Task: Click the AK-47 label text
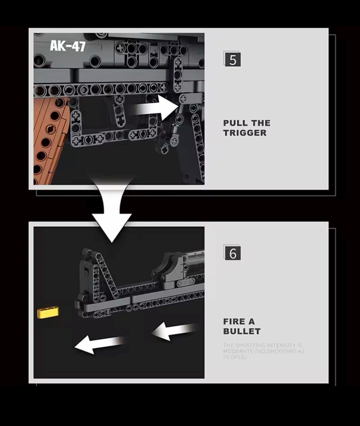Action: click(x=67, y=46)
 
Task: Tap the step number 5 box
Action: click(x=233, y=60)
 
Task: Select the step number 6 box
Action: click(x=233, y=253)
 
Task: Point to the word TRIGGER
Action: click(x=244, y=133)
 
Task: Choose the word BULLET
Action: click(x=242, y=331)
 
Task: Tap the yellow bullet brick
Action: click(x=49, y=312)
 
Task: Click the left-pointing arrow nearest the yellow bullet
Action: click(x=99, y=344)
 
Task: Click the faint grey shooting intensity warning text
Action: click(x=263, y=351)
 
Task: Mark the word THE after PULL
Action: click(x=260, y=123)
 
